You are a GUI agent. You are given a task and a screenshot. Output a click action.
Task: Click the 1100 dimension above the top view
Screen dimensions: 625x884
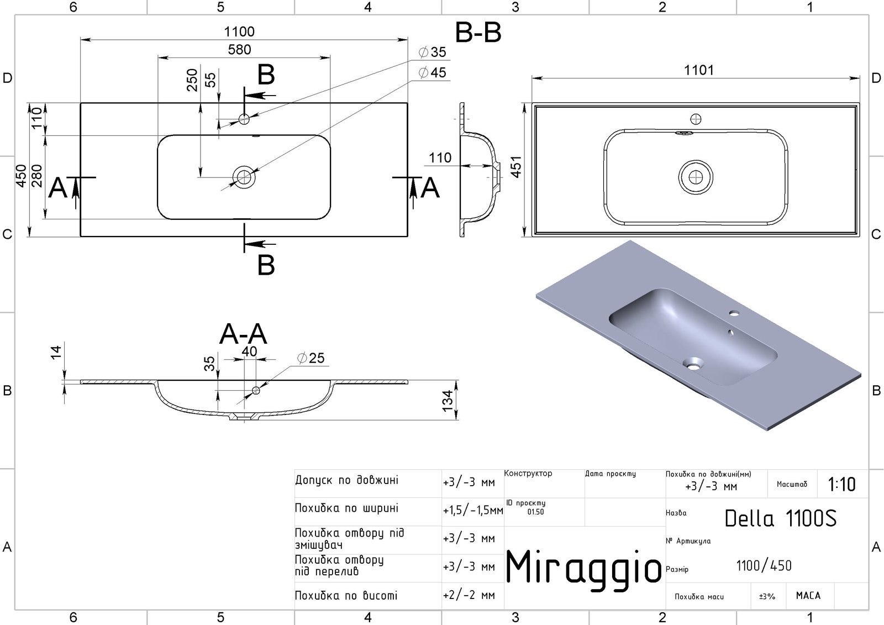click(x=239, y=32)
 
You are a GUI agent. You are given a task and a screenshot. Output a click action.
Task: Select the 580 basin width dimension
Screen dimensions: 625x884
click(x=239, y=49)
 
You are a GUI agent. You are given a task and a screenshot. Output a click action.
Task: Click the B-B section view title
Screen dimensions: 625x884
click(x=478, y=33)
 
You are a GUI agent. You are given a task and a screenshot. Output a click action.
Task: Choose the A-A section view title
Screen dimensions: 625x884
click(x=243, y=334)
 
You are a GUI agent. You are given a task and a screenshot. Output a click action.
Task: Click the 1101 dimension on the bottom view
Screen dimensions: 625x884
click(x=699, y=70)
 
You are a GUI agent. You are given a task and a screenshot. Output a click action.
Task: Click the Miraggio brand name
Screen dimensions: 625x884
click(x=583, y=568)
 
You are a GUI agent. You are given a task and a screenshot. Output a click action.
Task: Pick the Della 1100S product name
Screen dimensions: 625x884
click(x=780, y=518)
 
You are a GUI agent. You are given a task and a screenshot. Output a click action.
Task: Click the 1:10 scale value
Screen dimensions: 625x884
click(x=842, y=485)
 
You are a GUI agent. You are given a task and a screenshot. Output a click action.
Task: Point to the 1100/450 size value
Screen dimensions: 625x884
click(x=764, y=566)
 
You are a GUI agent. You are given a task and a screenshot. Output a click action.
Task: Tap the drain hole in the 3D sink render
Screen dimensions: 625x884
click(x=692, y=364)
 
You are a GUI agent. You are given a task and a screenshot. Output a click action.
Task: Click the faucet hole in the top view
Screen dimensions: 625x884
click(x=244, y=118)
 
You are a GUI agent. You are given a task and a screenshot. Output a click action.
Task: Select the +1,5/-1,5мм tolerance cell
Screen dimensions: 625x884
click(x=472, y=511)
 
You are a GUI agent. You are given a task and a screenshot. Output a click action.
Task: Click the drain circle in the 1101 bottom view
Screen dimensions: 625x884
click(x=696, y=176)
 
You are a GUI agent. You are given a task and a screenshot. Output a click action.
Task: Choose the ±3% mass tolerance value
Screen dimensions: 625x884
click(x=767, y=596)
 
